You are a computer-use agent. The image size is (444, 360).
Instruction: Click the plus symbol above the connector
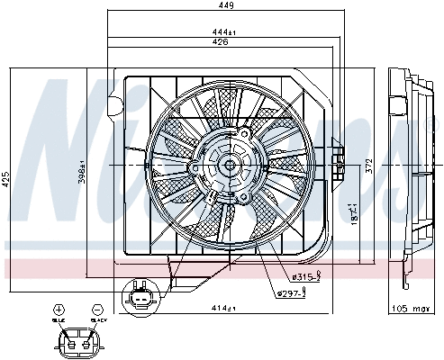[x=59, y=308]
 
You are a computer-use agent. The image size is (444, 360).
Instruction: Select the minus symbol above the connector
[x=96, y=308]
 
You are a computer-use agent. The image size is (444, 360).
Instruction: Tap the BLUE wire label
[x=59, y=319]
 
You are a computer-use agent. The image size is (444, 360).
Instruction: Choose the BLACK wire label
[x=98, y=319]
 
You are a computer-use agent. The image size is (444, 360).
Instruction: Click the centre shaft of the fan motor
[x=227, y=164]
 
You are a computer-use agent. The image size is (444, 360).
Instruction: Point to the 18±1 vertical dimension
[x=355, y=215]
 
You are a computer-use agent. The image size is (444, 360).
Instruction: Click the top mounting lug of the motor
[x=241, y=131]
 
